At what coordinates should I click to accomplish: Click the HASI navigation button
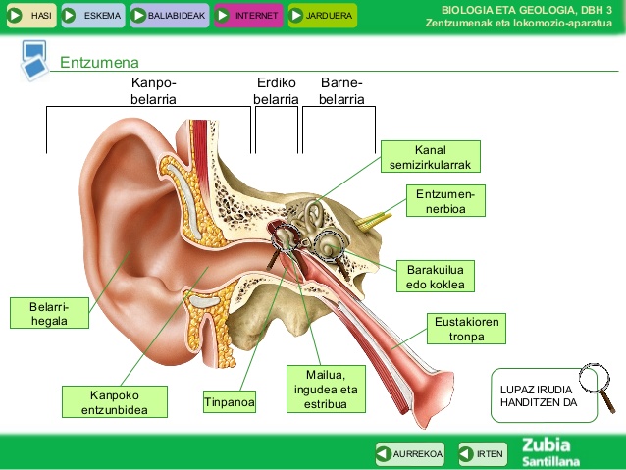click(30, 16)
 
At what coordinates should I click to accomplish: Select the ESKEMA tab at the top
click(92, 16)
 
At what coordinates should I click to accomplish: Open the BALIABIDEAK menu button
click(169, 16)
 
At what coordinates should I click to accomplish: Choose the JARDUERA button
click(322, 16)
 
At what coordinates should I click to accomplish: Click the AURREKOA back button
click(410, 453)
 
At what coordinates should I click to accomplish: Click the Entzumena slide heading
click(99, 63)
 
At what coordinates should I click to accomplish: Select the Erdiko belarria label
click(276, 91)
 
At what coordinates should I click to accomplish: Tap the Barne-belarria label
click(341, 91)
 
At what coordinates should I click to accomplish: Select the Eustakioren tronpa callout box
click(468, 329)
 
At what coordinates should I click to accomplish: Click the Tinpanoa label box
click(231, 402)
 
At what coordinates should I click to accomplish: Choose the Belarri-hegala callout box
click(48, 312)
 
